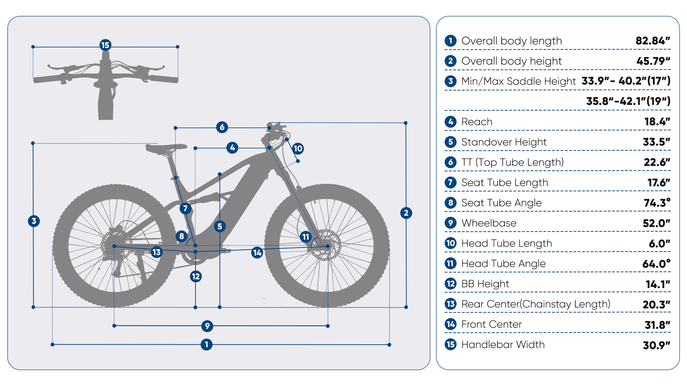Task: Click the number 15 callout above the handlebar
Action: [x=105, y=45]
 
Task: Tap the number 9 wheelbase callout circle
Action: [x=207, y=326]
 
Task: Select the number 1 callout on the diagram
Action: [x=206, y=345]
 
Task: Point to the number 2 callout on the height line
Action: [x=406, y=213]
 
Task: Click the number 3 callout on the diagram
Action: [x=34, y=221]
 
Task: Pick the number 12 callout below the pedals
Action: [x=196, y=276]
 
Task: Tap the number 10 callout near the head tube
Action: [x=298, y=148]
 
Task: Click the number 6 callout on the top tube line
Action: [x=222, y=127]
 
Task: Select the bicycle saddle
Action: [x=166, y=148]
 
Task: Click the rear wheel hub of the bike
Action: [x=114, y=246]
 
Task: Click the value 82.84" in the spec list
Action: [x=653, y=41]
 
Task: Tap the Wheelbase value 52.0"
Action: [x=656, y=223]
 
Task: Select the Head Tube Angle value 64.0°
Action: [x=656, y=264]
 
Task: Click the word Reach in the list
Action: [x=477, y=122]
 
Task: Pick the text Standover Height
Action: [x=504, y=142]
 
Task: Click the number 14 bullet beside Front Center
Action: [x=450, y=324]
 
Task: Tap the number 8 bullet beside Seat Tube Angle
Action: [x=450, y=203]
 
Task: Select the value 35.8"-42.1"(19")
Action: [x=628, y=101]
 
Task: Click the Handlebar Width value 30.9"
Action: [x=656, y=345]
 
